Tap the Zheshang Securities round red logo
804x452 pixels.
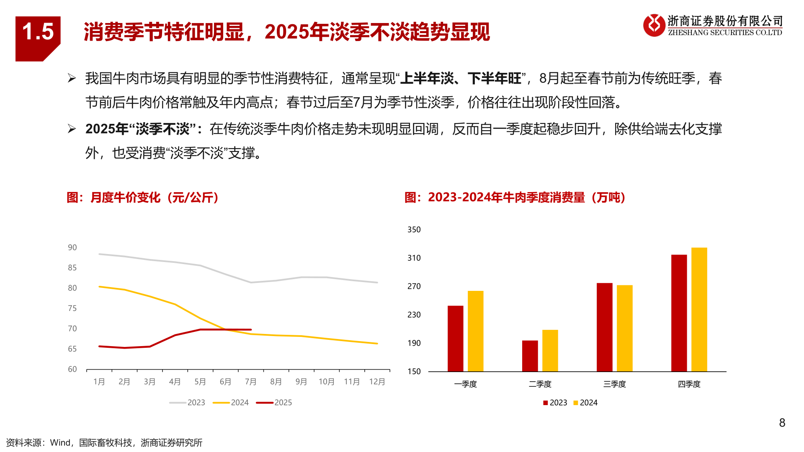654,25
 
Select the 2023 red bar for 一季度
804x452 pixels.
455,339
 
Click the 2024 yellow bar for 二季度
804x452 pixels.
550,351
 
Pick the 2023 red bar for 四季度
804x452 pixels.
679,313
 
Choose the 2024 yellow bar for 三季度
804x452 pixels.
624,328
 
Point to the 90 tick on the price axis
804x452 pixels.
72,247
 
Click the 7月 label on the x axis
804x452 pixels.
250,382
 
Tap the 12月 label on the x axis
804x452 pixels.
377,382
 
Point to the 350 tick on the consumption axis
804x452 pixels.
414,229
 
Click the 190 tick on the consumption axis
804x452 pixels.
414,343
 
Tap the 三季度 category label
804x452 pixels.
614,384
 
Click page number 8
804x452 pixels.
782,423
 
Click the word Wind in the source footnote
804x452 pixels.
60,443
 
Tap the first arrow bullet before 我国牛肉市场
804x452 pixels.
72,78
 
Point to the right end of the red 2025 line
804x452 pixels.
251,329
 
